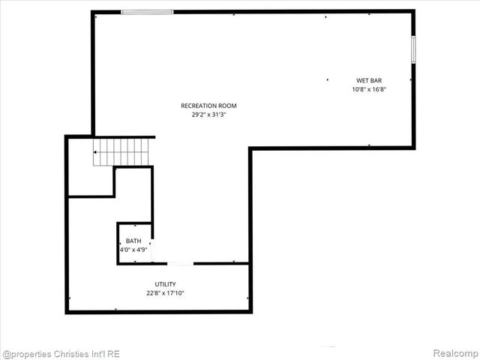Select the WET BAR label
[369, 80]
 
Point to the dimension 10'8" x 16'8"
[369, 89]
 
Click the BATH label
[133, 241]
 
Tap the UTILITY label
[165, 284]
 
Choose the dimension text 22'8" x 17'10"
[165, 293]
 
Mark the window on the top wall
[147, 12]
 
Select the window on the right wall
[412, 50]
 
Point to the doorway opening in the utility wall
[179, 263]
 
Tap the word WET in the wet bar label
[361, 80]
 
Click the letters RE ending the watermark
[113, 353]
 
